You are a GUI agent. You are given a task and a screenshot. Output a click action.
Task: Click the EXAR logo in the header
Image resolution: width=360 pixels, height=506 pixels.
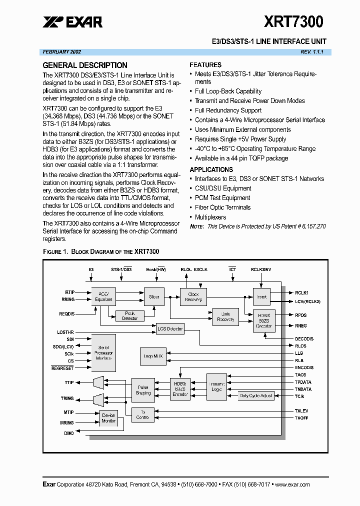click(72, 21)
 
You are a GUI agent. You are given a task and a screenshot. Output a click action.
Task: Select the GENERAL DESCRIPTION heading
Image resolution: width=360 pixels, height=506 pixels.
click(85, 65)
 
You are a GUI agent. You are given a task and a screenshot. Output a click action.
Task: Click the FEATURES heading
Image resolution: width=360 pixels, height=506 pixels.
click(205, 64)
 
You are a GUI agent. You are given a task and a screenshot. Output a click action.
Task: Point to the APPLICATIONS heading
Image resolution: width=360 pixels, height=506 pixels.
click(211, 169)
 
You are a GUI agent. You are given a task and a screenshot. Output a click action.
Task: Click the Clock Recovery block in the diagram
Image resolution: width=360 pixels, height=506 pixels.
click(193, 297)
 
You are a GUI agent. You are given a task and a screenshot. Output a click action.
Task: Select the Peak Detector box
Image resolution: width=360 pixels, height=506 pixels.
click(129, 316)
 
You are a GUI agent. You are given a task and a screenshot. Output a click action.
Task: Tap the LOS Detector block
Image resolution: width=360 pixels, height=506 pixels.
click(170, 328)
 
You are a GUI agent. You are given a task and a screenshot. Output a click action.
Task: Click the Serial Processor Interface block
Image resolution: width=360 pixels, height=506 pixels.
click(103, 352)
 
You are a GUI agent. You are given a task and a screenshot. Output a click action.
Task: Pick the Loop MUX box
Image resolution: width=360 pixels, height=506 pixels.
click(153, 356)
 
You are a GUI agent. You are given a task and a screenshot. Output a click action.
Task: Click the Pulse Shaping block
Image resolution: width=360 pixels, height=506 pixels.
click(143, 390)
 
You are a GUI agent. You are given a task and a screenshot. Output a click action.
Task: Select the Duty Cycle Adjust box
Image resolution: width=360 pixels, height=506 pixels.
click(256, 395)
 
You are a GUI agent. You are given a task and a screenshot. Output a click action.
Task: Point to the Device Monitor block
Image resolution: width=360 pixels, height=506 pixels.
click(108, 418)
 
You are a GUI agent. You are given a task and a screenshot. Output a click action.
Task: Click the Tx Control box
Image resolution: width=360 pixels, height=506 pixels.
click(142, 414)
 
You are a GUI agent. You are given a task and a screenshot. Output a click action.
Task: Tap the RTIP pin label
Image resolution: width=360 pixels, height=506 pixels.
click(69, 292)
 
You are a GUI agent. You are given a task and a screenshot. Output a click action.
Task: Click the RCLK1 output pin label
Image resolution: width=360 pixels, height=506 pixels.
click(301, 292)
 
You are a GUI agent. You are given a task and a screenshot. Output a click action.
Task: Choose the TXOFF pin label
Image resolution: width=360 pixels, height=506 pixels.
click(301, 417)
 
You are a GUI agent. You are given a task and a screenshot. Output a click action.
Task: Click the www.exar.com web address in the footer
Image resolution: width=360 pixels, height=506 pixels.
click(292, 484)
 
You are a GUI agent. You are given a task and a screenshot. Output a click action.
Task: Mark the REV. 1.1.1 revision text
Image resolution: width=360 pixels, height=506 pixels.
click(312, 52)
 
